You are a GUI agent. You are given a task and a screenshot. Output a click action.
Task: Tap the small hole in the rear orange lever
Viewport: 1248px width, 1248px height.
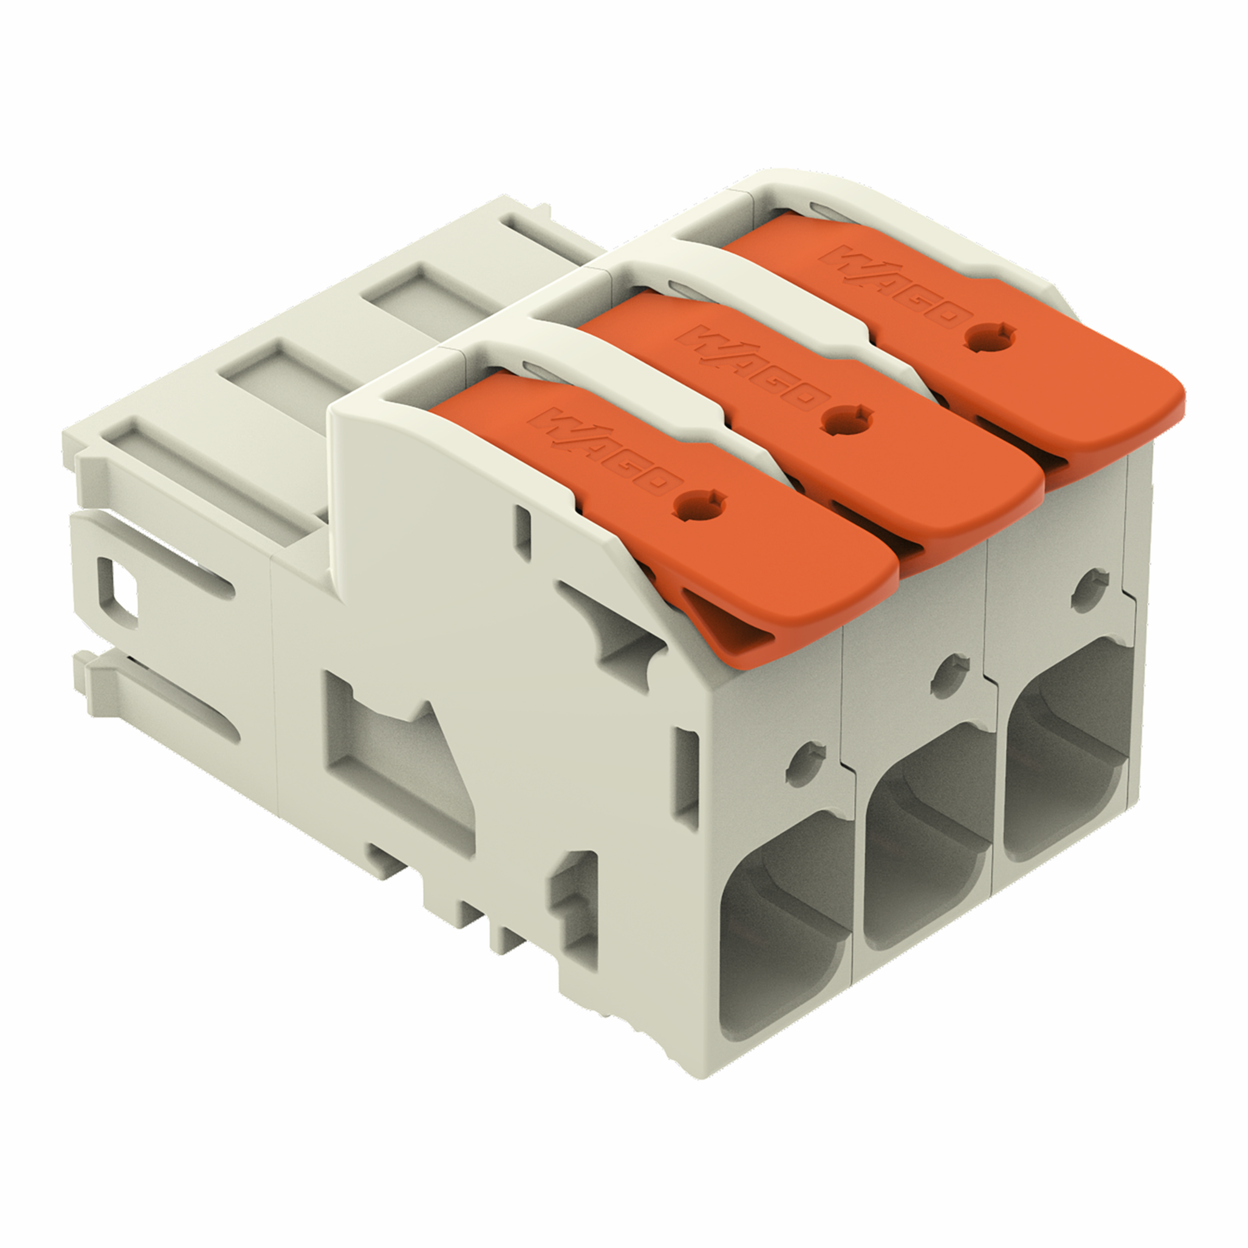(989, 335)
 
